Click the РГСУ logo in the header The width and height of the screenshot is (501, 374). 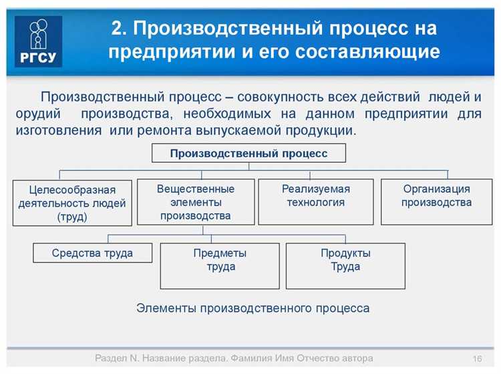pos(38,41)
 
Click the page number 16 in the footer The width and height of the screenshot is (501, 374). pos(477,359)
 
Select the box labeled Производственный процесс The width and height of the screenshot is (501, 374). pos(248,153)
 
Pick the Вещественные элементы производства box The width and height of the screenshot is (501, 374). pos(196,201)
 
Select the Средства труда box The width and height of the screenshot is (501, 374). pos(92,253)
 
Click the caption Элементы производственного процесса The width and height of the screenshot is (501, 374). pos(253,308)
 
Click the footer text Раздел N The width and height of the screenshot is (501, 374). pos(116,359)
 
